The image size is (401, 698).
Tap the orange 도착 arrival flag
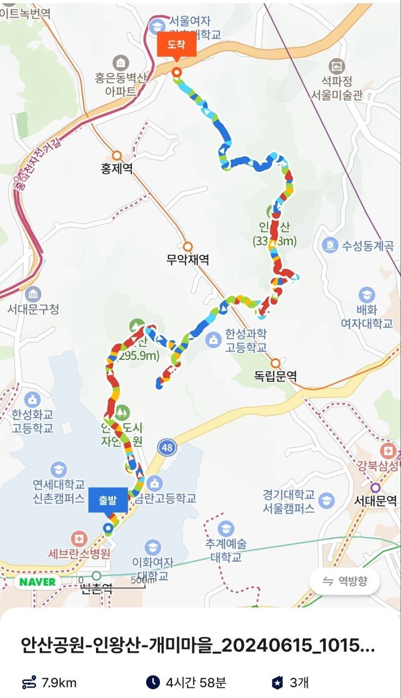point(176,45)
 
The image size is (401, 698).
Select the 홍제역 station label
point(117,169)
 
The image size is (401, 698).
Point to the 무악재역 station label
point(188,260)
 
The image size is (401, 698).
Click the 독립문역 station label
point(276,376)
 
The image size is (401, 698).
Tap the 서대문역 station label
point(375,501)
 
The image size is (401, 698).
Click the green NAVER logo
point(38,581)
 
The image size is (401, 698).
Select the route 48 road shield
point(167,448)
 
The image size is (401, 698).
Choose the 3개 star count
point(299,682)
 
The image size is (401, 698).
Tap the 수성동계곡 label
point(367,245)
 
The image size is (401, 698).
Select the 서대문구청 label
point(33,309)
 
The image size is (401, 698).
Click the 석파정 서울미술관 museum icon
point(338,67)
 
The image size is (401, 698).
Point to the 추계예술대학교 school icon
point(225,528)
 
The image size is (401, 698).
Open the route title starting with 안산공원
point(197,647)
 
